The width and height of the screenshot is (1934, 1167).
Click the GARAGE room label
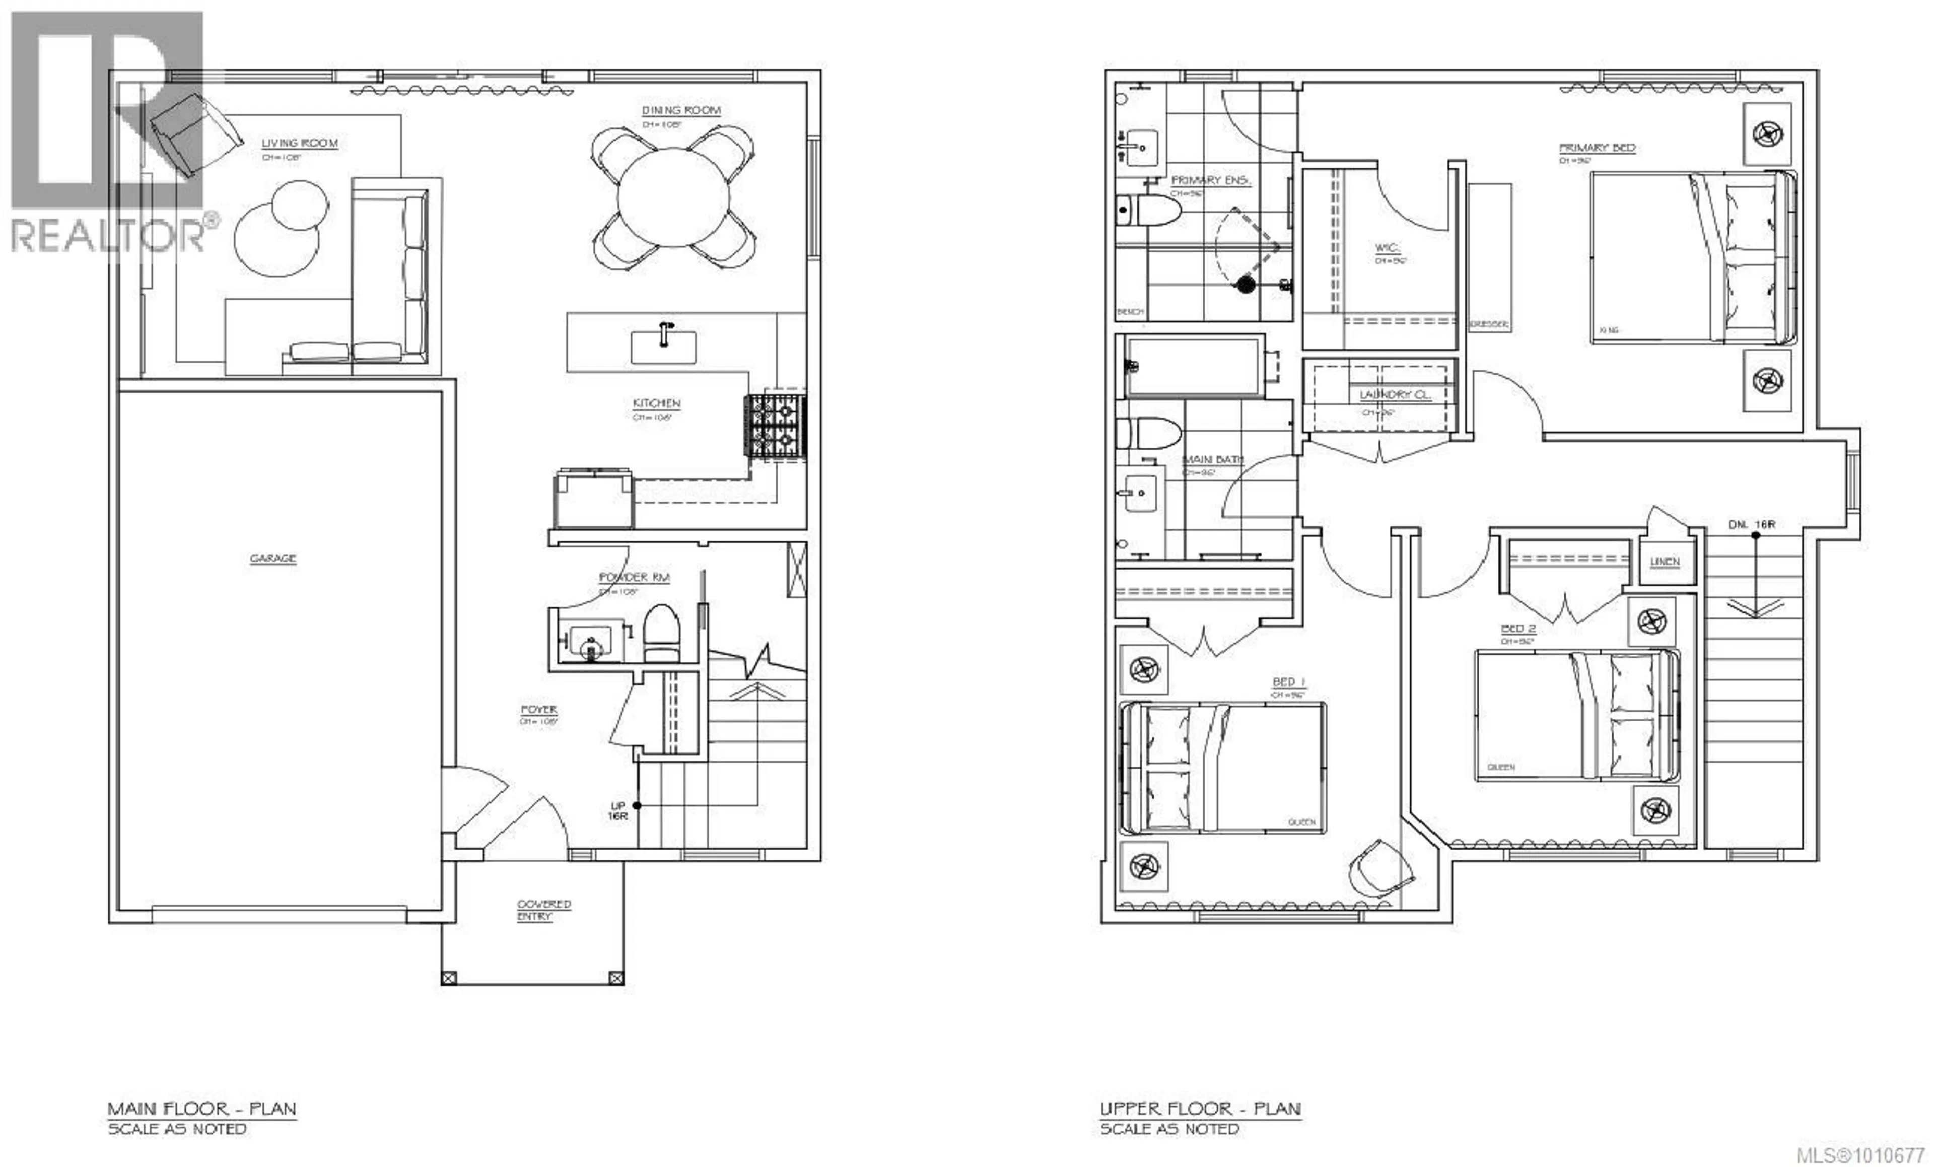[272, 559]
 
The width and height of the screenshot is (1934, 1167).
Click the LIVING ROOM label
[299, 144]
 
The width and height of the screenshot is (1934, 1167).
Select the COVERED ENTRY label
[543, 910]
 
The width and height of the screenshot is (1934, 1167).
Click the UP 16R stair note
[617, 811]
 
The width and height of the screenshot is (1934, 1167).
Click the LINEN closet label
[1664, 562]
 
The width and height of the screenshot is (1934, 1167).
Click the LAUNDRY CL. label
[1395, 395]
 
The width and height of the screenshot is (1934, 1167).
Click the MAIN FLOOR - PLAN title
[202, 1109]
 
